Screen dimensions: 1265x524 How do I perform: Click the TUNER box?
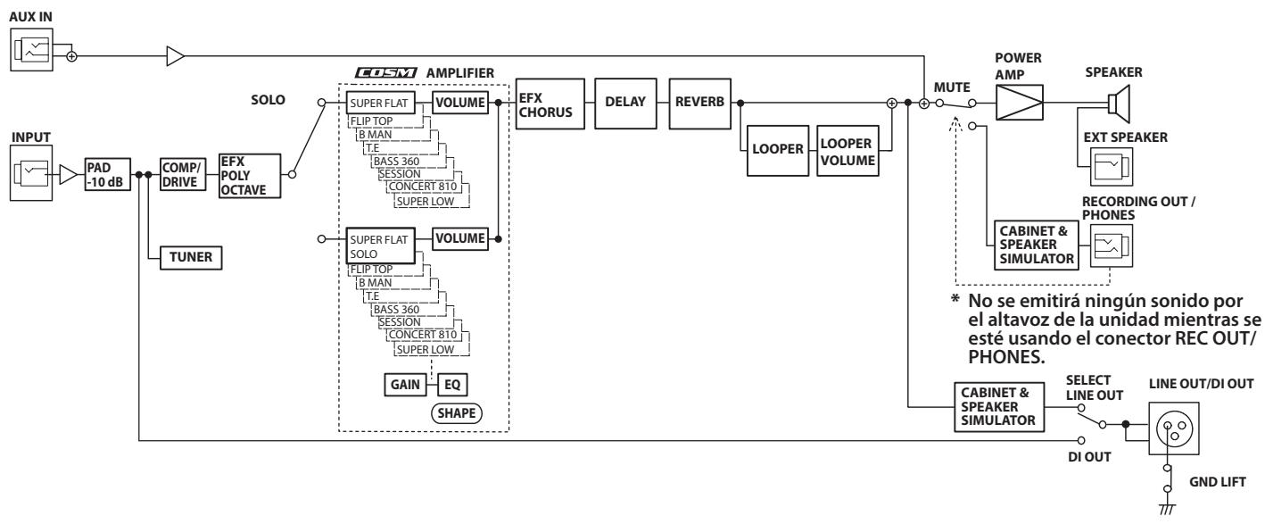191,258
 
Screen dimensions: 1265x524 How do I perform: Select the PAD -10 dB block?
108,175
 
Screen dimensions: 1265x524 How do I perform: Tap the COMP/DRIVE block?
182,175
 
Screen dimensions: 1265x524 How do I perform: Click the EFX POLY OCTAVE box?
250,176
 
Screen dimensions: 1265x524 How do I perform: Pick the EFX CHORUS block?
550,104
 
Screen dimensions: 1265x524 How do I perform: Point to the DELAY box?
625,104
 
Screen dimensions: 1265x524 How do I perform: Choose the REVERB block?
699,104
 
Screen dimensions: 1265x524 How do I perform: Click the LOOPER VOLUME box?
847,151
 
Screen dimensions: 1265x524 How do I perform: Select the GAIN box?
405,385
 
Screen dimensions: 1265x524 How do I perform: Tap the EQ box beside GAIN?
452,385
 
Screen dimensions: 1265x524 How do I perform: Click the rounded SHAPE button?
456,413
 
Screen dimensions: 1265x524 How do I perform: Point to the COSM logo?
386,73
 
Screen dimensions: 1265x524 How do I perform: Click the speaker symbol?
1119,104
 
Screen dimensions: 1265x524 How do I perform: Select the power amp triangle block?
1020,103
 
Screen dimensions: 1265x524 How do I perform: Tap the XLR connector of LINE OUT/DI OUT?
1174,428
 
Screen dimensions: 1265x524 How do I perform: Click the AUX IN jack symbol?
31,50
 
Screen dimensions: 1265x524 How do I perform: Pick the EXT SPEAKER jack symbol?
1111,167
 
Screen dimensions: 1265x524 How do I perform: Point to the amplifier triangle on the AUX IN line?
176,56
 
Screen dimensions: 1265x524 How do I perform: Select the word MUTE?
952,87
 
